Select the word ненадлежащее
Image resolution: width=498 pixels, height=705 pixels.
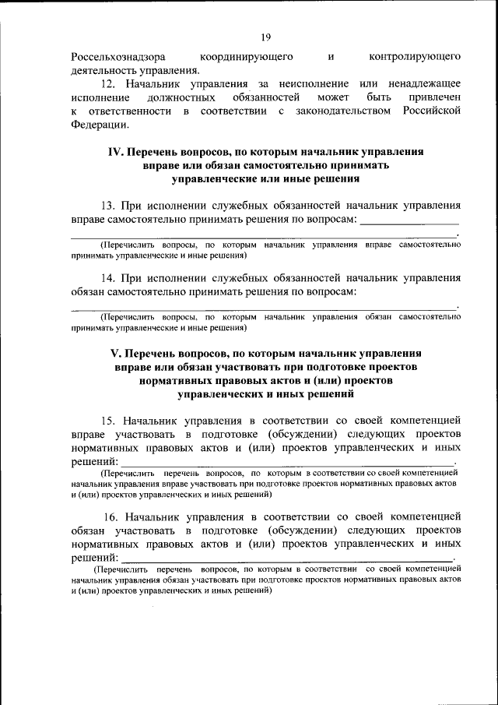(x=422, y=83)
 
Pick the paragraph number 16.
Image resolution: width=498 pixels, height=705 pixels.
(x=110, y=516)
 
